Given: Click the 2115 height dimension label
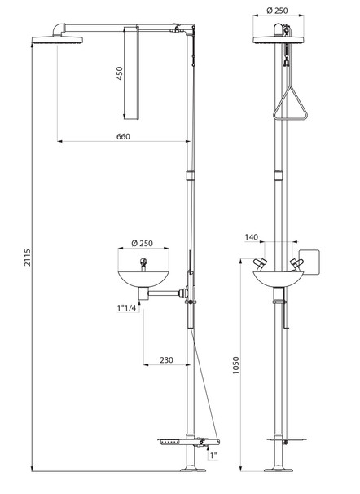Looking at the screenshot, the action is pyautogui.click(x=28, y=258).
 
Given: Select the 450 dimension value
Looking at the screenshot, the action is pyautogui.click(x=120, y=73).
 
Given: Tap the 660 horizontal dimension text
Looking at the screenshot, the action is pyautogui.click(x=123, y=136).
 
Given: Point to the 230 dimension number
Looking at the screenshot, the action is pyautogui.click(x=166, y=359).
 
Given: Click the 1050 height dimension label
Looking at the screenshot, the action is pyautogui.click(x=235, y=365).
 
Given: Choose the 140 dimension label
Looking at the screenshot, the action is pyautogui.click(x=252, y=237).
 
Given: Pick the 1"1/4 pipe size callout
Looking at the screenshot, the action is pyautogui.click(x=126, y=308).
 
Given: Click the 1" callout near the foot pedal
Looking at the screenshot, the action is pyautogui.click(x=213, y=455).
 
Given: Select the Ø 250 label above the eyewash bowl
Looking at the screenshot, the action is pyautogui.click(x=143, y=243).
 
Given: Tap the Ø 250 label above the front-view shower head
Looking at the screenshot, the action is pyautogui.click(x=277, y=11).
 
